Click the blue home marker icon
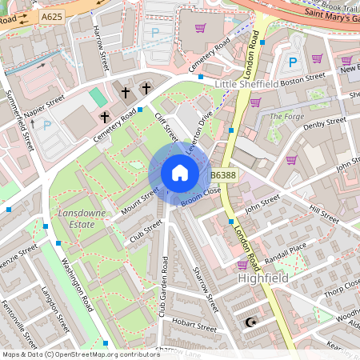coord(180,173)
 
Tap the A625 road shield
coord(52,15)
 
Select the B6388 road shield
coord(223,175)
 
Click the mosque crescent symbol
coord(252,322)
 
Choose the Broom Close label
coord(200,198)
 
